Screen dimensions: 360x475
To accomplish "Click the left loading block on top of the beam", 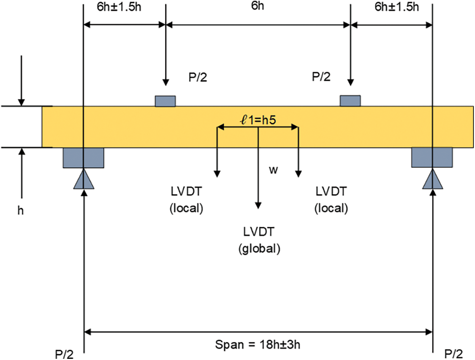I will pos(165,101).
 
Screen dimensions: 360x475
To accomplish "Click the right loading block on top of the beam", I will pos(350,101).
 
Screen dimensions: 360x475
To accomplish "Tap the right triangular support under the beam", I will pos(432,179).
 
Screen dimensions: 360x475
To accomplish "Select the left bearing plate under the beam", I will pos(83,157).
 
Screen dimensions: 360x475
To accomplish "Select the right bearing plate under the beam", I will pos(432,157).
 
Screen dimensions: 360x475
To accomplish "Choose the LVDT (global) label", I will pos(259,240).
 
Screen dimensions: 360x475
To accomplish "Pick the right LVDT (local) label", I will pos(331,200).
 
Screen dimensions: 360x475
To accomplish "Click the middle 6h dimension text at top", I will pos(257,7).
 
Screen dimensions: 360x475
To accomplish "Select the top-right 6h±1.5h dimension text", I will pos(396,7).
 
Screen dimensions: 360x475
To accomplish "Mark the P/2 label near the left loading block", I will pos(198,78).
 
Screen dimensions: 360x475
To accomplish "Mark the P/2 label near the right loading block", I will pos(321,78).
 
